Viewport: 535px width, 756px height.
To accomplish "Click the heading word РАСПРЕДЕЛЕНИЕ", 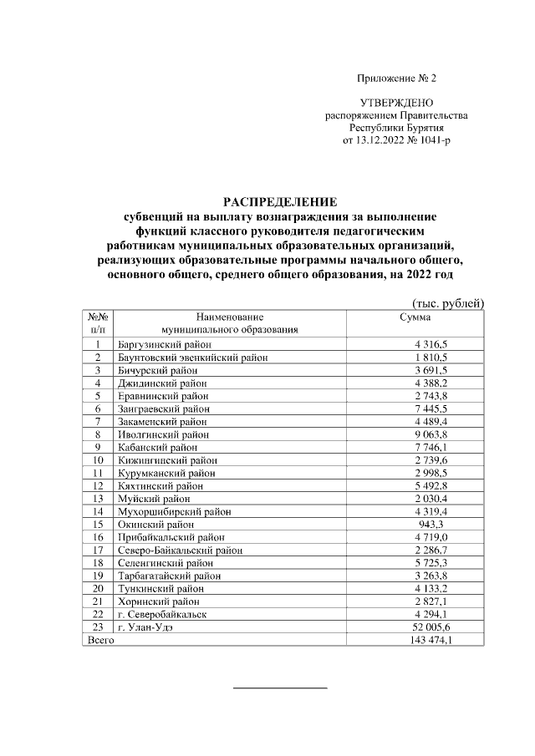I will (279, 201).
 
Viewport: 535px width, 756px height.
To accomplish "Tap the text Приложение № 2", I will (396, 79).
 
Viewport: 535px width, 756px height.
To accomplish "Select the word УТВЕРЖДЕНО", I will (396, 102).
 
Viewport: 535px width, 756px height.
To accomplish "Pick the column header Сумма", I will (415, 317).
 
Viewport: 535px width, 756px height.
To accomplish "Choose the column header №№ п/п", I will (98, 323).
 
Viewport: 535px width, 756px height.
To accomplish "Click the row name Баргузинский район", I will (166, 344).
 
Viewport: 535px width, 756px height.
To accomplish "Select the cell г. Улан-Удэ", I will (146, 627).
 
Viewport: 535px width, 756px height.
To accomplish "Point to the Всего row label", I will (101, 639).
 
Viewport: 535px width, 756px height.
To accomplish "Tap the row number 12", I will (98, 485).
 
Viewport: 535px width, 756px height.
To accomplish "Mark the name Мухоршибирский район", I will (169, 511).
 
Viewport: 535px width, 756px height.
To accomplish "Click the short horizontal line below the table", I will (279, 688).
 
